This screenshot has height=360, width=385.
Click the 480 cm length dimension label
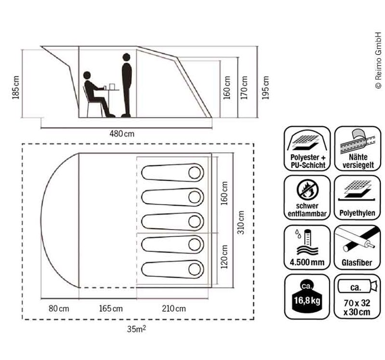[x=122, y=133]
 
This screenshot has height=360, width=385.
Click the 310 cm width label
[x=241, y=220]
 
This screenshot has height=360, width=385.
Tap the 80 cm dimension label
[x=59, y=309]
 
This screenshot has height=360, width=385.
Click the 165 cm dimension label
[x=110, y=309]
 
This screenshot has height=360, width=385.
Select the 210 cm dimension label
[x=174, y=309]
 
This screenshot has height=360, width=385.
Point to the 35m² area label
[x=137, y=330]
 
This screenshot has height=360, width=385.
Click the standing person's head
[x=127, y=57]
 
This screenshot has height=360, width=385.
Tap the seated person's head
[x=87, y=76]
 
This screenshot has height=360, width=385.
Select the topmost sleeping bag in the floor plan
[x=172, y=172]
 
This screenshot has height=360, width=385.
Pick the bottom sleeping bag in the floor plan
[x=172, y=268]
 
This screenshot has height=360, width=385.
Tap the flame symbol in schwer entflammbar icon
[x=307, y=188]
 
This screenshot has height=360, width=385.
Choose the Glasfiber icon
[x=357, y=246]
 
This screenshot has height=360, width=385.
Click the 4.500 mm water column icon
[x=307, y=246]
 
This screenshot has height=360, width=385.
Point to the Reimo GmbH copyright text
[x=378, y=60]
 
